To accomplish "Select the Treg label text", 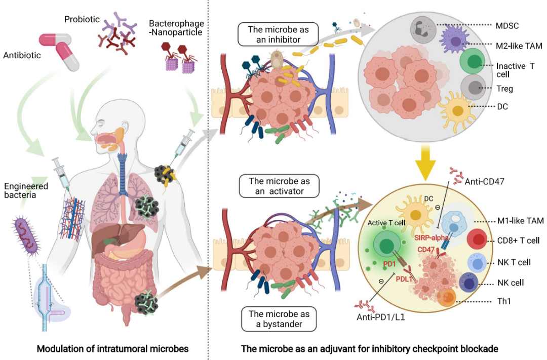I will point(504,89).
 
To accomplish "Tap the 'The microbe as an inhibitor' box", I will point(278,33).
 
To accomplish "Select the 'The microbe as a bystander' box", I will point(278,318).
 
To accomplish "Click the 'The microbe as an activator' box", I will point(278,186).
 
